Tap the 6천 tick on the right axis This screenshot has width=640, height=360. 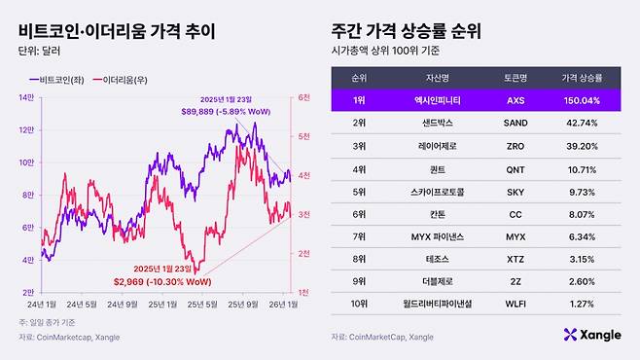click(x=303, y=97)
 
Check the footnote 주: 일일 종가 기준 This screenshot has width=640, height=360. click(x=48, y=322)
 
